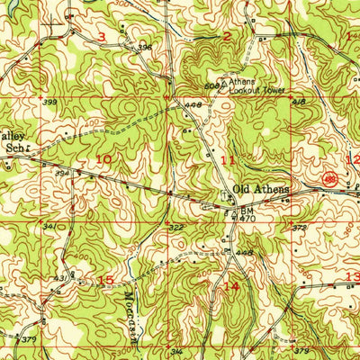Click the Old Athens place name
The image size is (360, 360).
260,189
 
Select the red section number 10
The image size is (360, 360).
104,159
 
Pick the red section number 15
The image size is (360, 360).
105,280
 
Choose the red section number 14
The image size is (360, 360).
232,286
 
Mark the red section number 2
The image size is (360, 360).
227,37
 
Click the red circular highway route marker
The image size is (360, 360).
331,181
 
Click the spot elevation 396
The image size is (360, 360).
143,47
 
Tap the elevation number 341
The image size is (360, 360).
50,226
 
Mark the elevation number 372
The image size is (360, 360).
300,229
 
